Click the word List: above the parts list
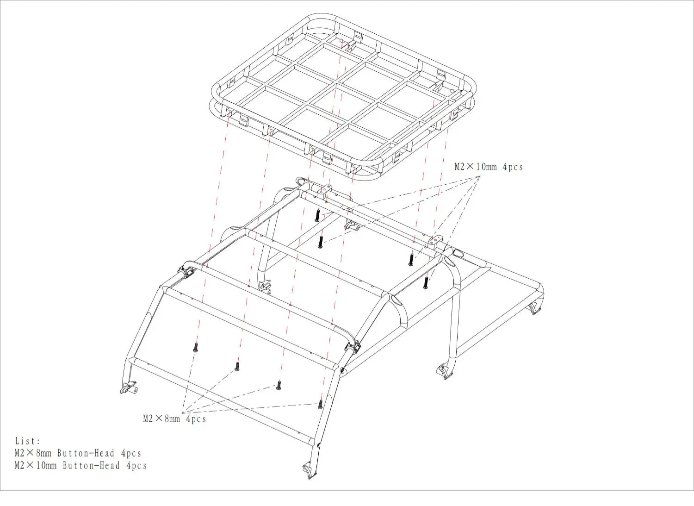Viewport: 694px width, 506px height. pyautogui.click(x=28, y=441)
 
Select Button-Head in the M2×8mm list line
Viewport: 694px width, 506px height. pyautogui.click(x=86, y=453)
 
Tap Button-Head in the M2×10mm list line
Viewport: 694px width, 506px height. pyautogui.click(x=92, y=466)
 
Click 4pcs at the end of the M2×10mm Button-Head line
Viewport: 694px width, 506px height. pyautogui.click(x=136, y=466)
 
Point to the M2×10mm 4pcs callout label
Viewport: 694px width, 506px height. pyautogui.click(x=489, y=167)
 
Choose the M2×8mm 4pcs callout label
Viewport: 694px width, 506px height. pyautogui.click(x=174, y=419)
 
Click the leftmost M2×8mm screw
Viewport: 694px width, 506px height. pyautogui.click(x=195, y=347)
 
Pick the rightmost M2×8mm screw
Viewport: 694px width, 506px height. pyautogui.click(x=320, y=404)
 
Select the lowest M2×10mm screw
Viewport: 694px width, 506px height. pyautogui.click(x=425, y=282)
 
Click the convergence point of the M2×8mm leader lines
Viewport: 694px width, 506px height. pyautogui.click(x=183, y=412)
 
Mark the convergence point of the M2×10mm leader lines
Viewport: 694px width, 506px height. pyautogui.click(x=480, y=176)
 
